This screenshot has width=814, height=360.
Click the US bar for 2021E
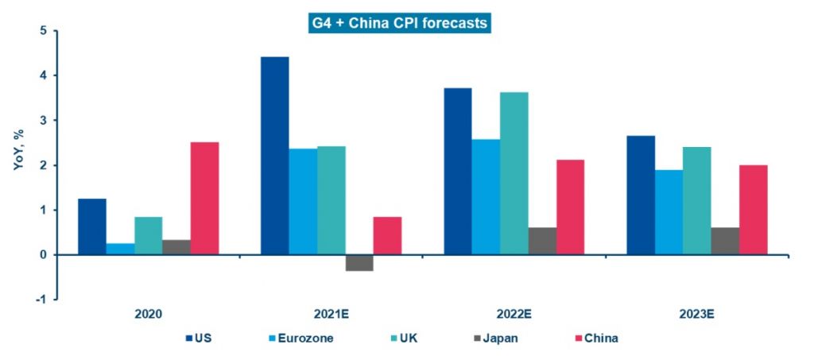[275, 156]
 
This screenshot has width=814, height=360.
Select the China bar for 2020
[204, 199]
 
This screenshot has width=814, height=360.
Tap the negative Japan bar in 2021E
[359, 263]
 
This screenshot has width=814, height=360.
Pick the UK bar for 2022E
[514, 173]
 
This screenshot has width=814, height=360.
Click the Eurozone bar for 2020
[120, 249]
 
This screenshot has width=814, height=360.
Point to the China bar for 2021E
[387, 236]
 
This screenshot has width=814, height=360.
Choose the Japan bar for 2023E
[725, 241]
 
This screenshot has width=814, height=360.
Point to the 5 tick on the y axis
[43, 31]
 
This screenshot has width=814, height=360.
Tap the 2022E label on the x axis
[514, 315]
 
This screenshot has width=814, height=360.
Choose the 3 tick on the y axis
[43, 121]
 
